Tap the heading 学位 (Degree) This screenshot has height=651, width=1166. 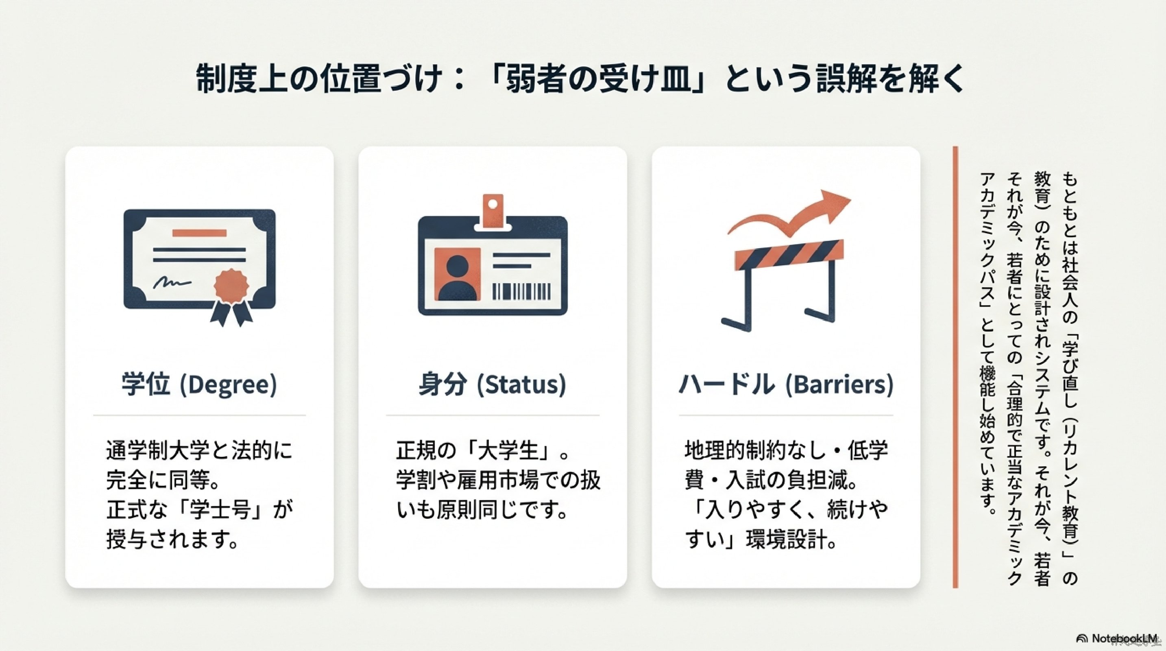(x=199, y=385)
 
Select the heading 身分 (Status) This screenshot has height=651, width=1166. (x=493, y=385)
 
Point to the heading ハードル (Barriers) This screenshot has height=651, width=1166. (x=786, y=385)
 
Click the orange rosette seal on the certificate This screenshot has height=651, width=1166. (x=231, y=286)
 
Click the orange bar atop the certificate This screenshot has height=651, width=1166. (x=200, y=233)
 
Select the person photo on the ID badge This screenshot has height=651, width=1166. (x=457, y=274)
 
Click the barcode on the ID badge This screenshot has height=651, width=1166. (x=521, y=292)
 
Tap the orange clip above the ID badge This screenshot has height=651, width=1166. (x=493, y=210)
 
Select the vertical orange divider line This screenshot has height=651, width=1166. (x=955, y=367)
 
